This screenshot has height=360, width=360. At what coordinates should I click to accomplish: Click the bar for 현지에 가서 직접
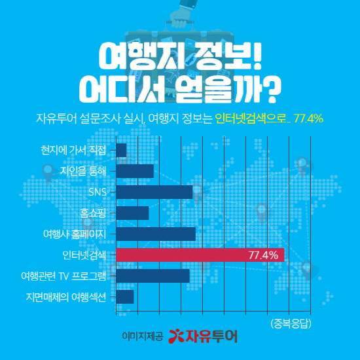pyautogui.click(x=121, y=151)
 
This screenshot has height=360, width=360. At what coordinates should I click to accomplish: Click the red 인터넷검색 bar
pyautogui.click(x=200, y=255)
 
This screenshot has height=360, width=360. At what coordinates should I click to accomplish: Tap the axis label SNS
pyautogui.click(x=97, y=192)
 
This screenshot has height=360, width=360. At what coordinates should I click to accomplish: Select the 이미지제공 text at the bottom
pyautogui.click(x=143, y=336)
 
